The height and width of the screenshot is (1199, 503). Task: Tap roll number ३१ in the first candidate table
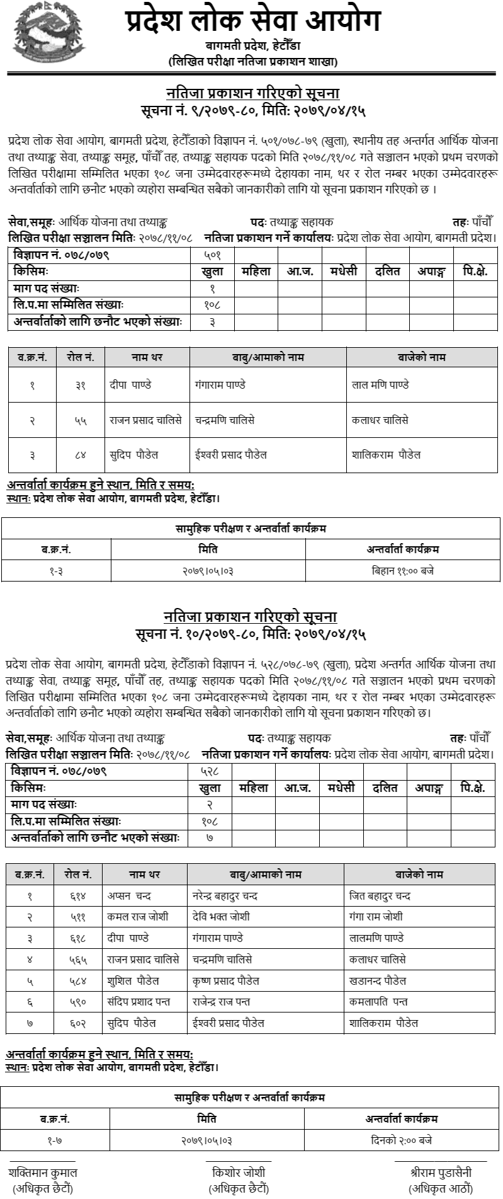pos(81,385)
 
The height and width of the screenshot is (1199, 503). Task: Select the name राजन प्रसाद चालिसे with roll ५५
pos(146,420)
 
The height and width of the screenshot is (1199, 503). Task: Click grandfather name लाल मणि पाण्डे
pos(381,385)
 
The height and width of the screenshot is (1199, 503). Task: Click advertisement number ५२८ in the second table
pos(210,771)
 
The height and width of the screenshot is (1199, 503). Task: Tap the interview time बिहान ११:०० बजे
pos(403,571)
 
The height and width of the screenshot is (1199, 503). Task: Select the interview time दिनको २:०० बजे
pos(402,1140)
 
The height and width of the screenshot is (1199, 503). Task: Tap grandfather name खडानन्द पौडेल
pos(378,980)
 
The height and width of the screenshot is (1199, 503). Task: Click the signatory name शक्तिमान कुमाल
pos(43,1173)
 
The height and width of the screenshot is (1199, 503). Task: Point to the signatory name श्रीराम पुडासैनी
pos(441,1173)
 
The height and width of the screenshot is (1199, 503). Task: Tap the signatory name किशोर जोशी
pos(239,1173)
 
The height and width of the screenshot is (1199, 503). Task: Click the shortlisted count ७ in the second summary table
pos(210,839)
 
